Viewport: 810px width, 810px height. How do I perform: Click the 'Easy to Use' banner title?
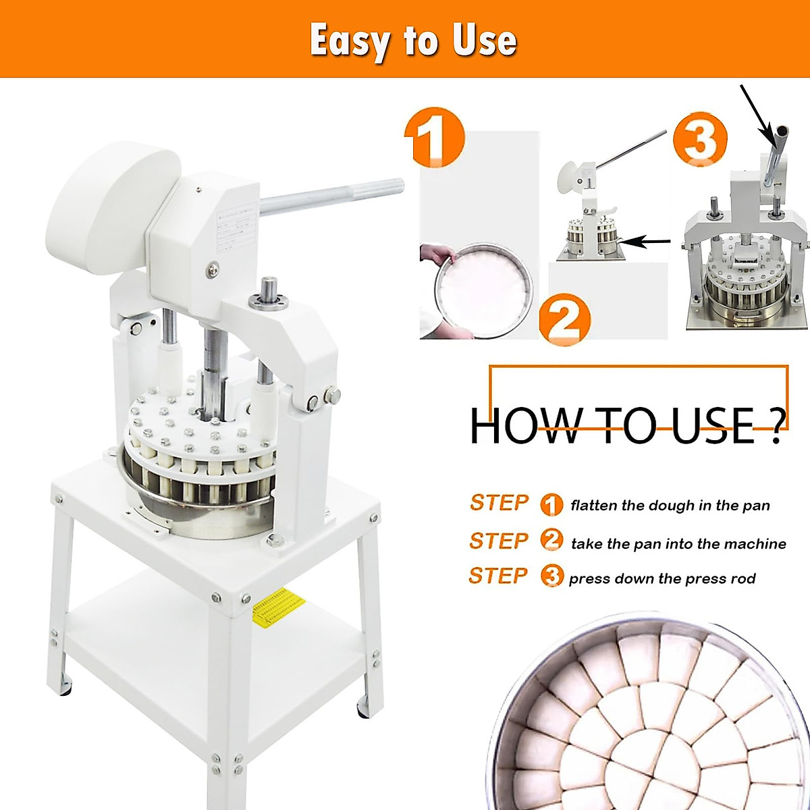413,40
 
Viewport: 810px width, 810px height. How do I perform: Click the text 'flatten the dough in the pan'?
670,506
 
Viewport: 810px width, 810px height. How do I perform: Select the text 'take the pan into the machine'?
678,544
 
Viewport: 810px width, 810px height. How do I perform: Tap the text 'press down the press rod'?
661,579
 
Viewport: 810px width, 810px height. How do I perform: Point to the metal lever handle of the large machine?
331,194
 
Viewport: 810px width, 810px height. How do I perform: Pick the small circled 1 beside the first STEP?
551,505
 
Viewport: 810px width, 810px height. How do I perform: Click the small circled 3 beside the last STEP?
551,576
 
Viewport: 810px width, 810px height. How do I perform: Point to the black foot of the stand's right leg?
363,709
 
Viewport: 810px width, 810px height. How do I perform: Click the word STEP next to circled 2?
499,541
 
